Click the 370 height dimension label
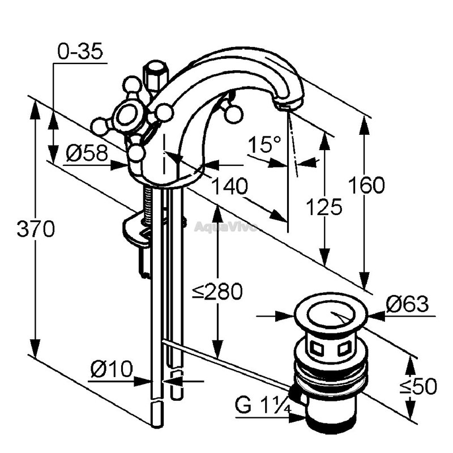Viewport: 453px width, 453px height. [x=36, y=228]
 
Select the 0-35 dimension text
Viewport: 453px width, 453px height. [x=80, y=52]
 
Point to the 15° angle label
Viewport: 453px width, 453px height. [x=264, y=144]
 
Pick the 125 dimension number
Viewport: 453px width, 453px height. [x=324, y=207]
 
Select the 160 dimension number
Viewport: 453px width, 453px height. [x=366, y=185]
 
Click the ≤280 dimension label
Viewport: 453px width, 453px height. [x=217, y=291]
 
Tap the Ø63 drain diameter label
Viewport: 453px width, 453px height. [x=407, y=304]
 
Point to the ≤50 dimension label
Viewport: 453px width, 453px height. [x=418, y=386]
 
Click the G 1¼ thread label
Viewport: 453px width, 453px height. [x=263, y=405]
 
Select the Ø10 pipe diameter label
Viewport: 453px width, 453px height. [x=112, y=369]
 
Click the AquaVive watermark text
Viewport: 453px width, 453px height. [x=225, y=227]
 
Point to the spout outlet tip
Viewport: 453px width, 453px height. [x=284, y=107]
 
